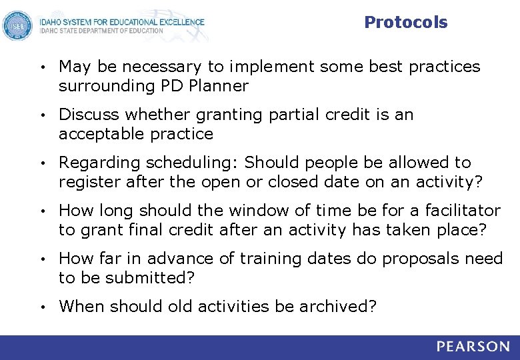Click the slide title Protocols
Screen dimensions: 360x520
pyautogui.click(x=405, y=23)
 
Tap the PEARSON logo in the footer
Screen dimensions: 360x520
pyautogui.click(x=473, y=347)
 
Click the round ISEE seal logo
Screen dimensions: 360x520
pyautogui.click(x=17, y=26)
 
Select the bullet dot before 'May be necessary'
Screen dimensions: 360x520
pyautogui.click(x=42, y=67)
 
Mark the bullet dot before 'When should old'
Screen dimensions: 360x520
pyautogui.click(x=42, y=307)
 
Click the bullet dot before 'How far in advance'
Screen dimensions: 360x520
pyautogui.click(x=42, y=259)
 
